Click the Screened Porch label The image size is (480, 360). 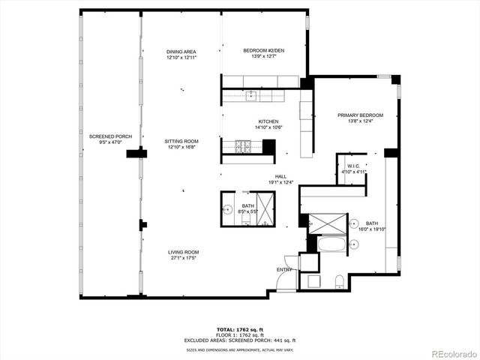click(x=110, y=136)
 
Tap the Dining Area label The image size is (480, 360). click(x=181, y=51)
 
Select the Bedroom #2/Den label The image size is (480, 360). click(x=263, y=50)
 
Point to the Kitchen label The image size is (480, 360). click(x=268, y=121)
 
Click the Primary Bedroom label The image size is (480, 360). click(x=360, y=115)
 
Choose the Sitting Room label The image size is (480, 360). click(x=181, y=141)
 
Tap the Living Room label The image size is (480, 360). click(x=182, y=252)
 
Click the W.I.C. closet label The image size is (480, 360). click(x=353, y=166)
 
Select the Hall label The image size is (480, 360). click(x=280, y=176)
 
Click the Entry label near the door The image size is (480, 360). click(x=285, y=268)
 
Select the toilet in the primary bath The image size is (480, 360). click(x=338, y=281)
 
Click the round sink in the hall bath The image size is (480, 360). click(x=228, y=211)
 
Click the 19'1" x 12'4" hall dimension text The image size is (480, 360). click(x=280, y=182)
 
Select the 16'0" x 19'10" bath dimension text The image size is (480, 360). click(x=373, y=229)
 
